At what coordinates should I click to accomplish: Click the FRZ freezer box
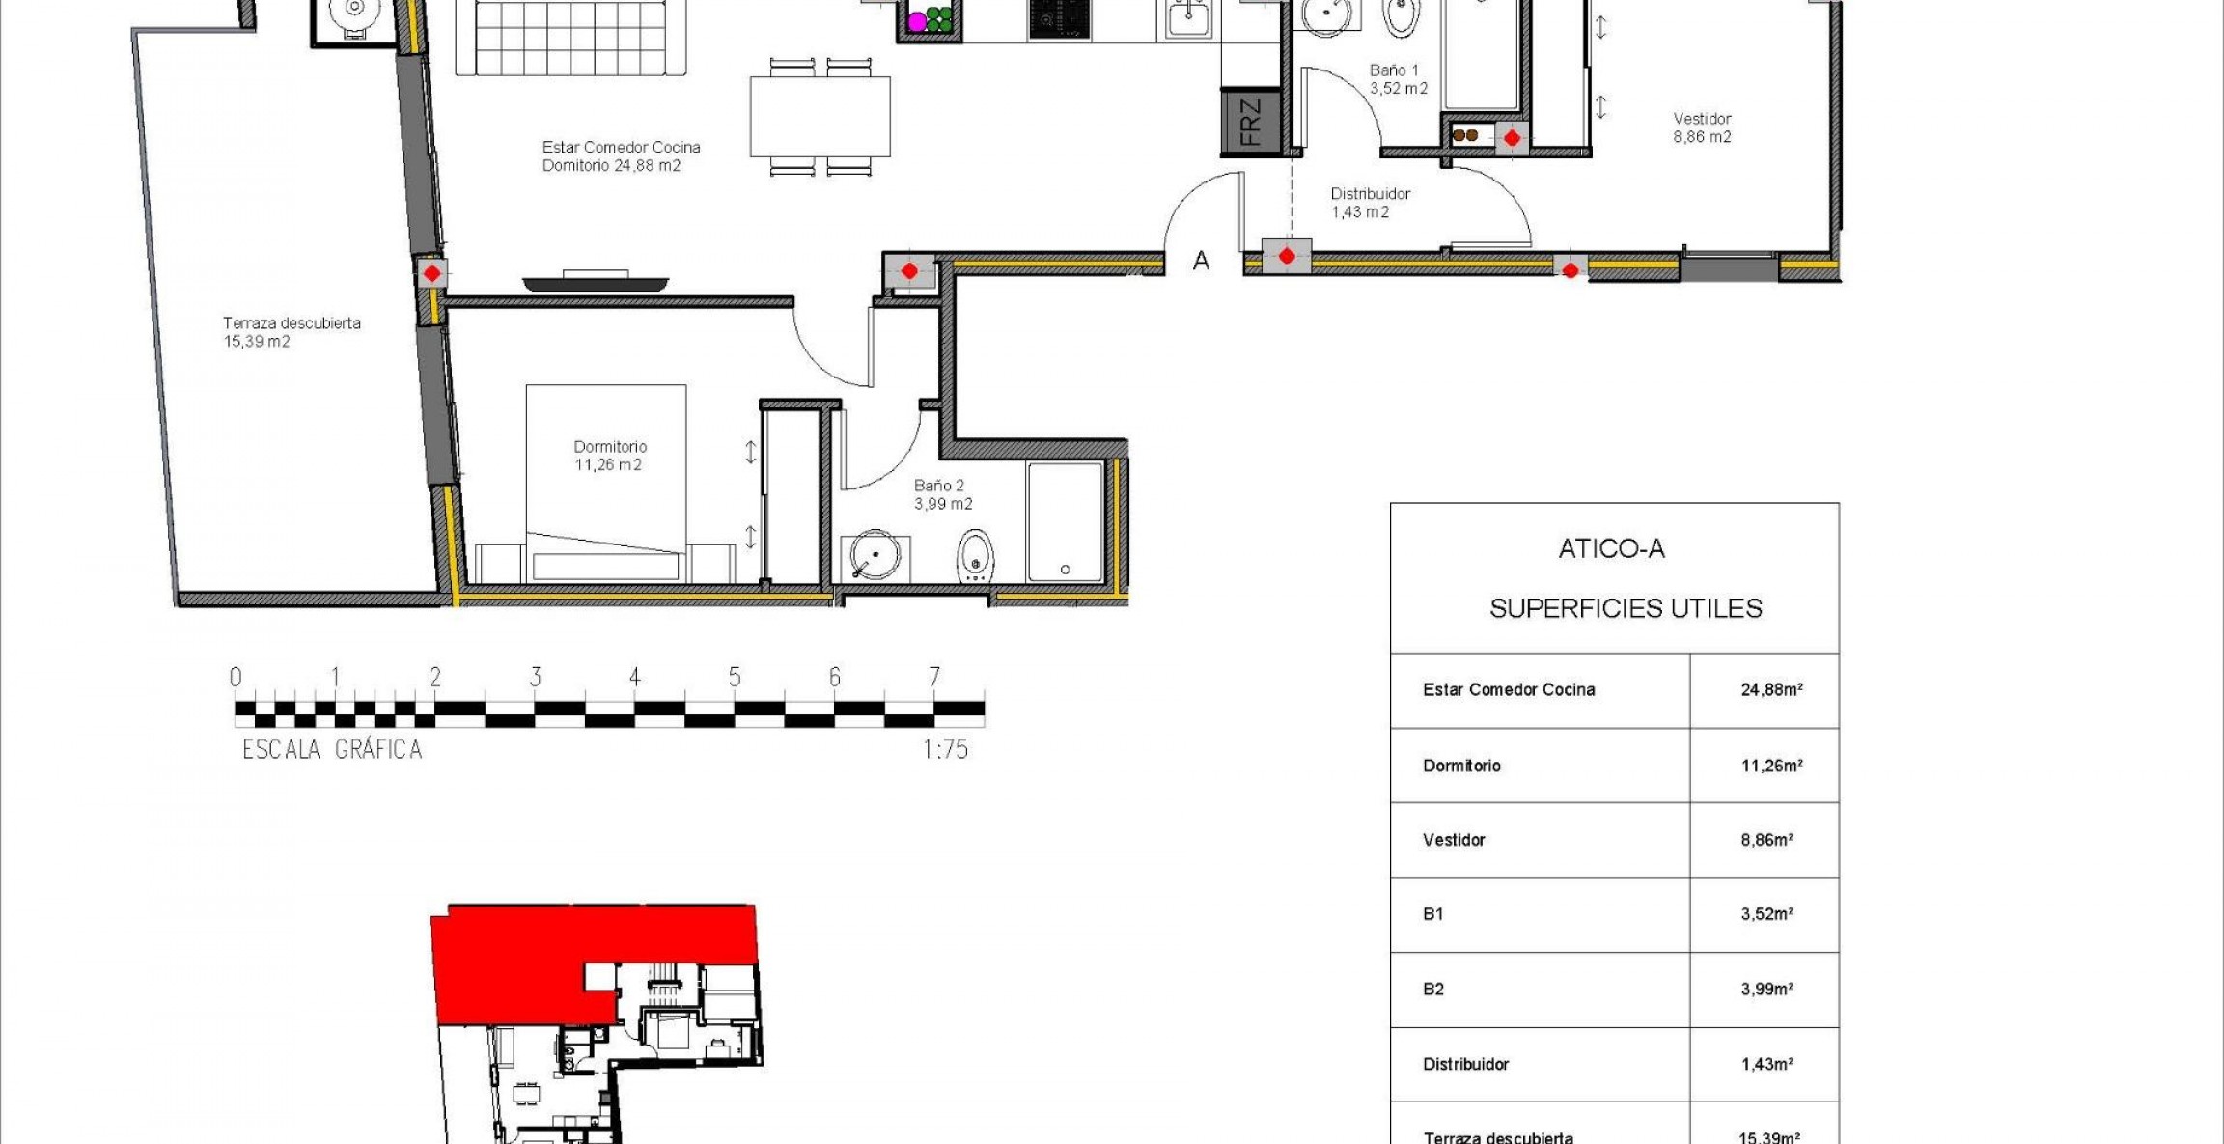(1251, 122)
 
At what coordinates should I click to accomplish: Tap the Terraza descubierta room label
(291, 331)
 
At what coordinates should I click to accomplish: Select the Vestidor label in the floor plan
(1702, 127)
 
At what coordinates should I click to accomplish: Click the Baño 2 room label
(942, 494)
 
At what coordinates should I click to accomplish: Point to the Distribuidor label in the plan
(1370, 202)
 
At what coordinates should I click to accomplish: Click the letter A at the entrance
(1201, 261)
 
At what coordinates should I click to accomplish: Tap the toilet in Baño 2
(976, 556)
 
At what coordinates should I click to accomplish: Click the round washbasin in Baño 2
(875, 554)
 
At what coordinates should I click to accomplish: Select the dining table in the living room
(820, 116)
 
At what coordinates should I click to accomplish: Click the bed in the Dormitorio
(606, 483)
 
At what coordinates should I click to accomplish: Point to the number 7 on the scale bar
(933, 677)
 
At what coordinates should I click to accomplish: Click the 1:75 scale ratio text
(945, 749)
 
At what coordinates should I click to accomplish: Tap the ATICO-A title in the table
(1611, 549)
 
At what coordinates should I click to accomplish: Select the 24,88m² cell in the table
(1770, 690)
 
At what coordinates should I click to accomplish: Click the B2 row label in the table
(1433, 989)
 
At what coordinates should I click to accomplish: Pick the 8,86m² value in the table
(1766, 840)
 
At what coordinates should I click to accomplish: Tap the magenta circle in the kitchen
(917, 21)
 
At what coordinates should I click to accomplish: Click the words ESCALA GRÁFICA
(332, 749)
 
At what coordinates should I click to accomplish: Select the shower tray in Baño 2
(1065, 521)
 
